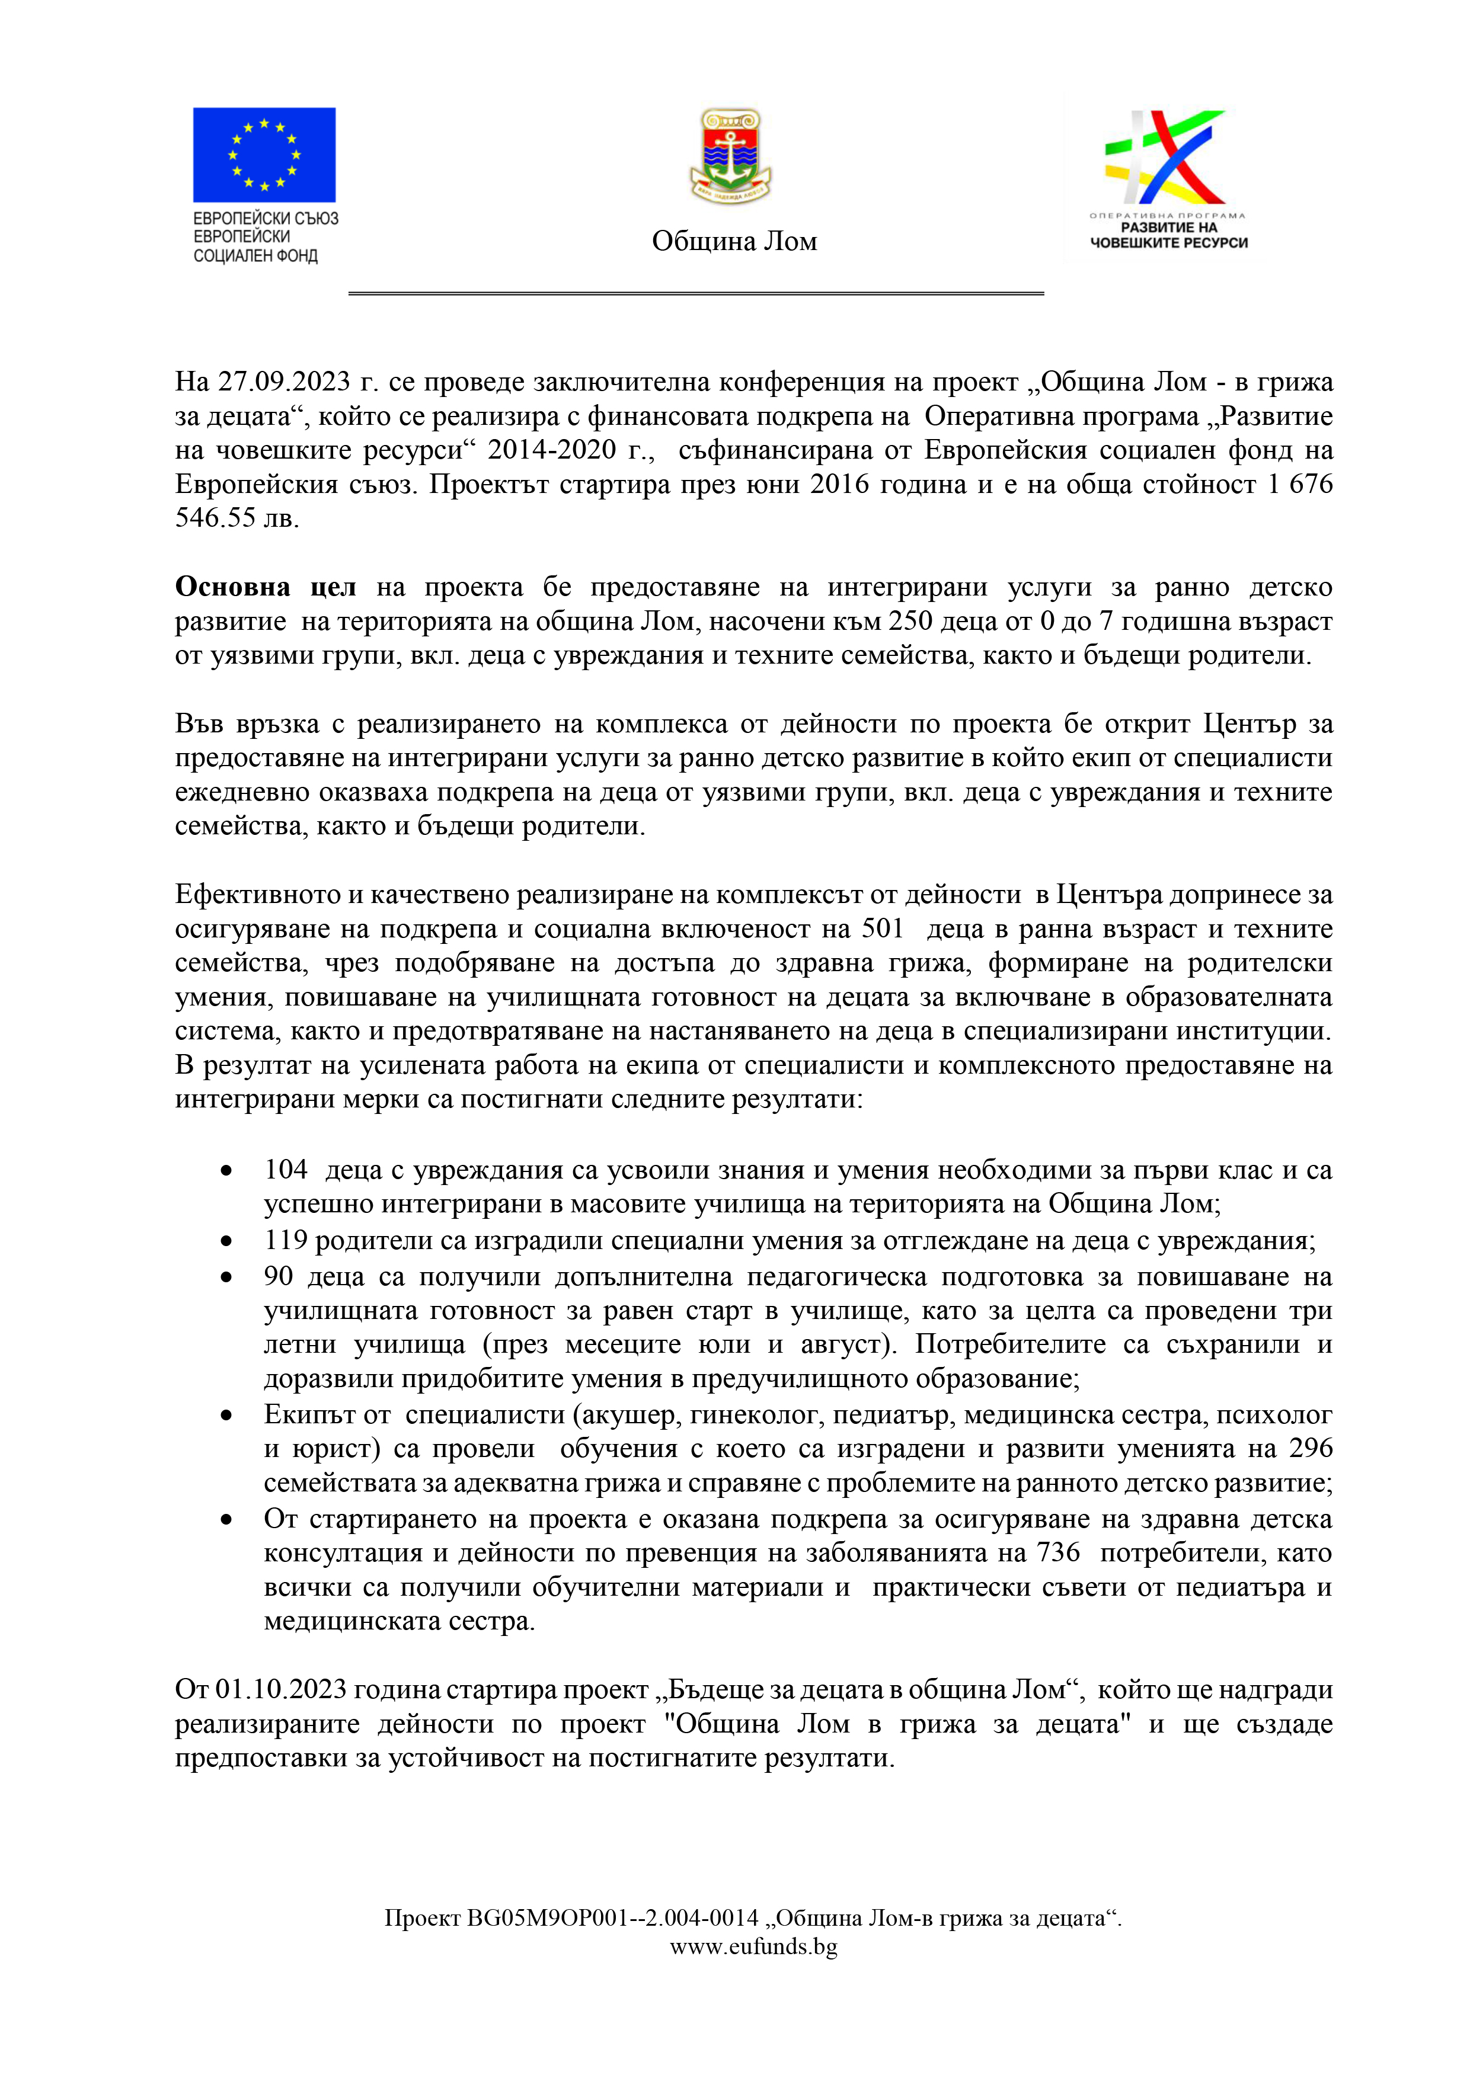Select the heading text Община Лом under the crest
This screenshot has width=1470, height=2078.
point(734,242)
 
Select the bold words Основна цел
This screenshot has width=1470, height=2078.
point(265,587)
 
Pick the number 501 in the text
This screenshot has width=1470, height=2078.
point(883,928)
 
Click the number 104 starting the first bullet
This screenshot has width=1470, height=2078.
point(286,1169)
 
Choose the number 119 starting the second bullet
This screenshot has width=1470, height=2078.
point(286,1240)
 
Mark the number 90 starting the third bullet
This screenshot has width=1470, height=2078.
point(279,1276)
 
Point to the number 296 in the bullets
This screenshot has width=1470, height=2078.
point(1311,1448)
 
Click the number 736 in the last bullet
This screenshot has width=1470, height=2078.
point(1058,1552)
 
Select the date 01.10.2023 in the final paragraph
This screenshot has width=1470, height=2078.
point(280,1690)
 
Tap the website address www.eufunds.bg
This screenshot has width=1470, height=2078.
point(753,1947)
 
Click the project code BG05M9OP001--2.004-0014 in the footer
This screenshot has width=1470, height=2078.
point(613,1918)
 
